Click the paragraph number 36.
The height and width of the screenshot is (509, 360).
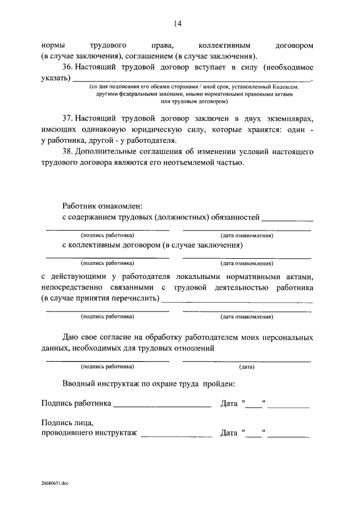(67, 67)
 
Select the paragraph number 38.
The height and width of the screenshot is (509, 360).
(67, 152)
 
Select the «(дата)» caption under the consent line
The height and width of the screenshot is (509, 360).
(246, 367)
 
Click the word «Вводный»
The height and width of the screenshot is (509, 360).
(78, 384)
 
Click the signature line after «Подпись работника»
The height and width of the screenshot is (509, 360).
(162, 406)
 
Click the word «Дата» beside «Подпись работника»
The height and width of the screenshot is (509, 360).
(229, 403)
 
